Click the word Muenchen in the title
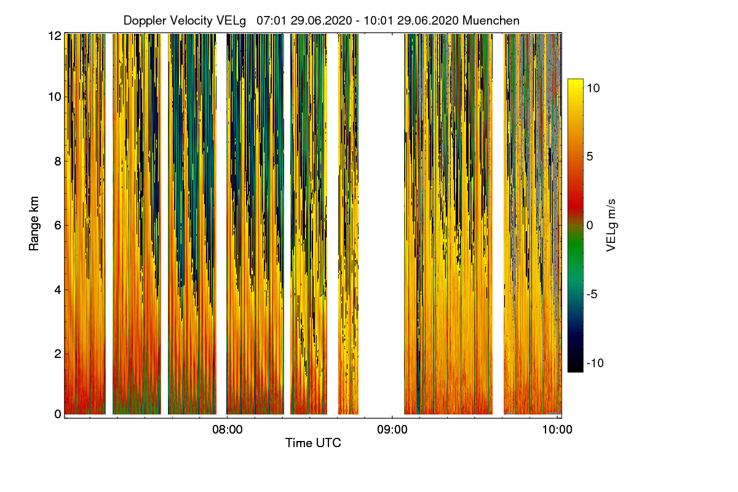[x=491, y=20]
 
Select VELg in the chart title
[x=231, y=20]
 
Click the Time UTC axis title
[x=313, y=443]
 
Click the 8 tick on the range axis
[x=58, y=161]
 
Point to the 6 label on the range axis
[x=58, y=225]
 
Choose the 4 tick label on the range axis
[x=58, y=289]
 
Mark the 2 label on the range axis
[x=58, y=353]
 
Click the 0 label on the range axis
[x=58, y=414]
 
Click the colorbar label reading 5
[x=589, y=156]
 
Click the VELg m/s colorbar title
[x=611, y=224]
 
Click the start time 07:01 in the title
[x=269, y=20]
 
